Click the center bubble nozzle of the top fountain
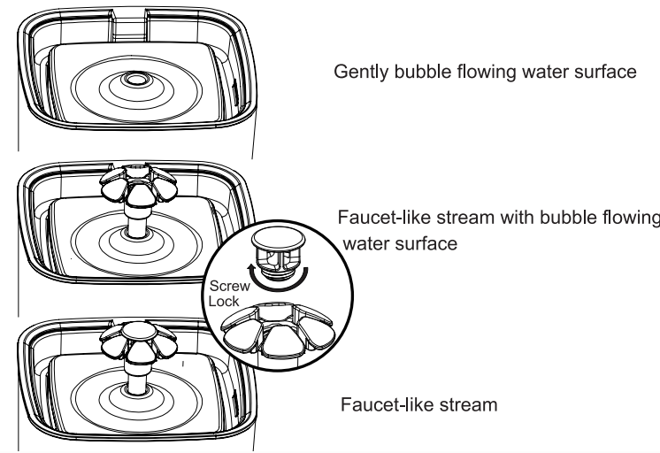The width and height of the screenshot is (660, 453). point(136,81)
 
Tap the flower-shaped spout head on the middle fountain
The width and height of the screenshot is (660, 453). point(138,180)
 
